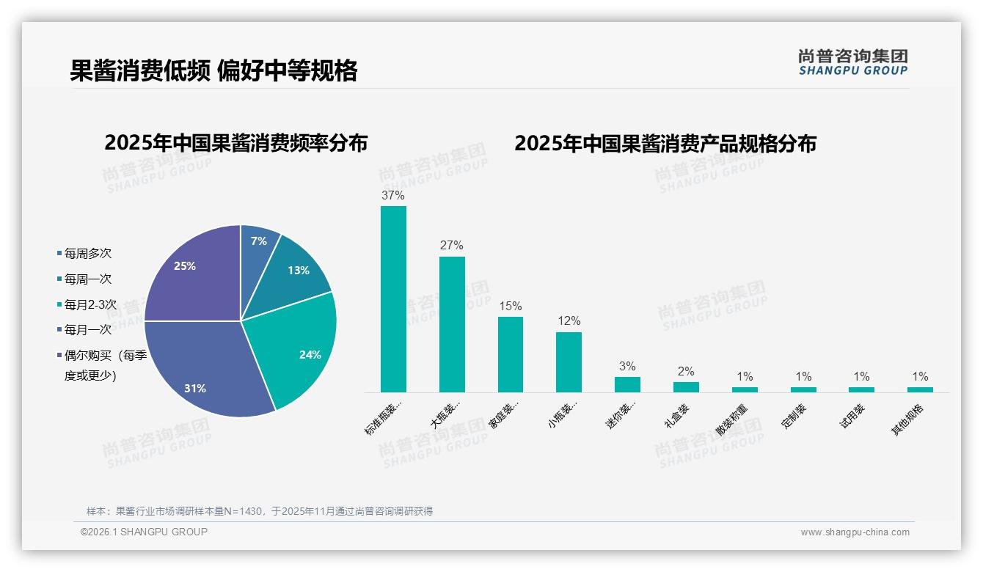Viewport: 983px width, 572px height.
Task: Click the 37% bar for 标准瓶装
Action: click(x=393, y=298)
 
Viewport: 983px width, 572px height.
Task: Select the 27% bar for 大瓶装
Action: click(x=452, y=324)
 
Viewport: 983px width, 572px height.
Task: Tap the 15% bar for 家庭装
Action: click(x=511, y=354)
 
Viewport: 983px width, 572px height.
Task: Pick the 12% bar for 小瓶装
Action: click(x=569, y=362)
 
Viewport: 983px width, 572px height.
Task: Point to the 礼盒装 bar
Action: click(x=686, y=387)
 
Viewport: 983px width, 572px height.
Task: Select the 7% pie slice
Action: click(x=257, y=243)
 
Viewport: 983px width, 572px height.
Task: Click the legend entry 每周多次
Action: click(x=87, y=254)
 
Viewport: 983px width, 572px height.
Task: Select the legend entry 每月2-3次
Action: click(x=89, y=304)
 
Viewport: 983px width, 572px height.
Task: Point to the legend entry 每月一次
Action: click(x=87, y=330)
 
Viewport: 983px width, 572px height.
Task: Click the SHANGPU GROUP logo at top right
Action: click(x=852, y=62)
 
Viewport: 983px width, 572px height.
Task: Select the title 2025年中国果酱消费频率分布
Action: click(x=235, y=143)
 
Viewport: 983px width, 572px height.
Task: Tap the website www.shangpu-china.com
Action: click(x=855, y=532)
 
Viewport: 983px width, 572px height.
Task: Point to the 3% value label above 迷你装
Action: click(x=627, y=367)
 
